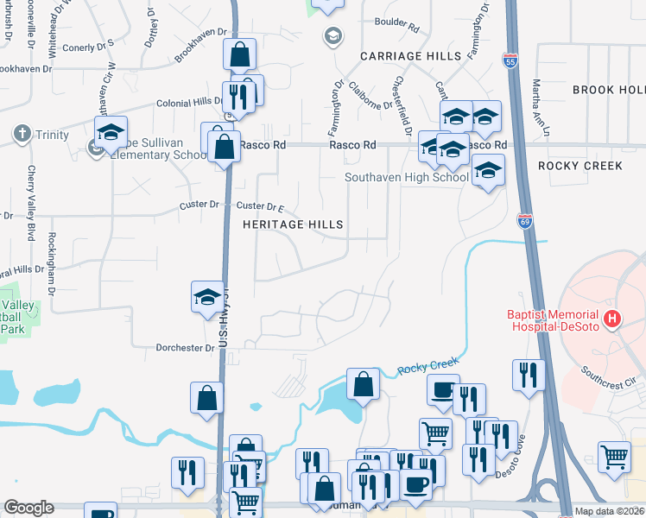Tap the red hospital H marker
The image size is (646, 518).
tap(612, 319)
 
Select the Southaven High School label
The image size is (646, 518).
tap(406, 177)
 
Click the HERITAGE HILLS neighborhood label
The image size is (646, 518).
tap(293, 224)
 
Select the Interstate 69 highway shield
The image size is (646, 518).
tap(524, 221)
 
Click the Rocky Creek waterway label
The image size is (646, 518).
tap(425, 366)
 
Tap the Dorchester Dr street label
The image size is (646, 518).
tap(185, 349)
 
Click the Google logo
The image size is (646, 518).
tap(28, 508)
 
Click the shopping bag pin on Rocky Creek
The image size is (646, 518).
tap(364, 384)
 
